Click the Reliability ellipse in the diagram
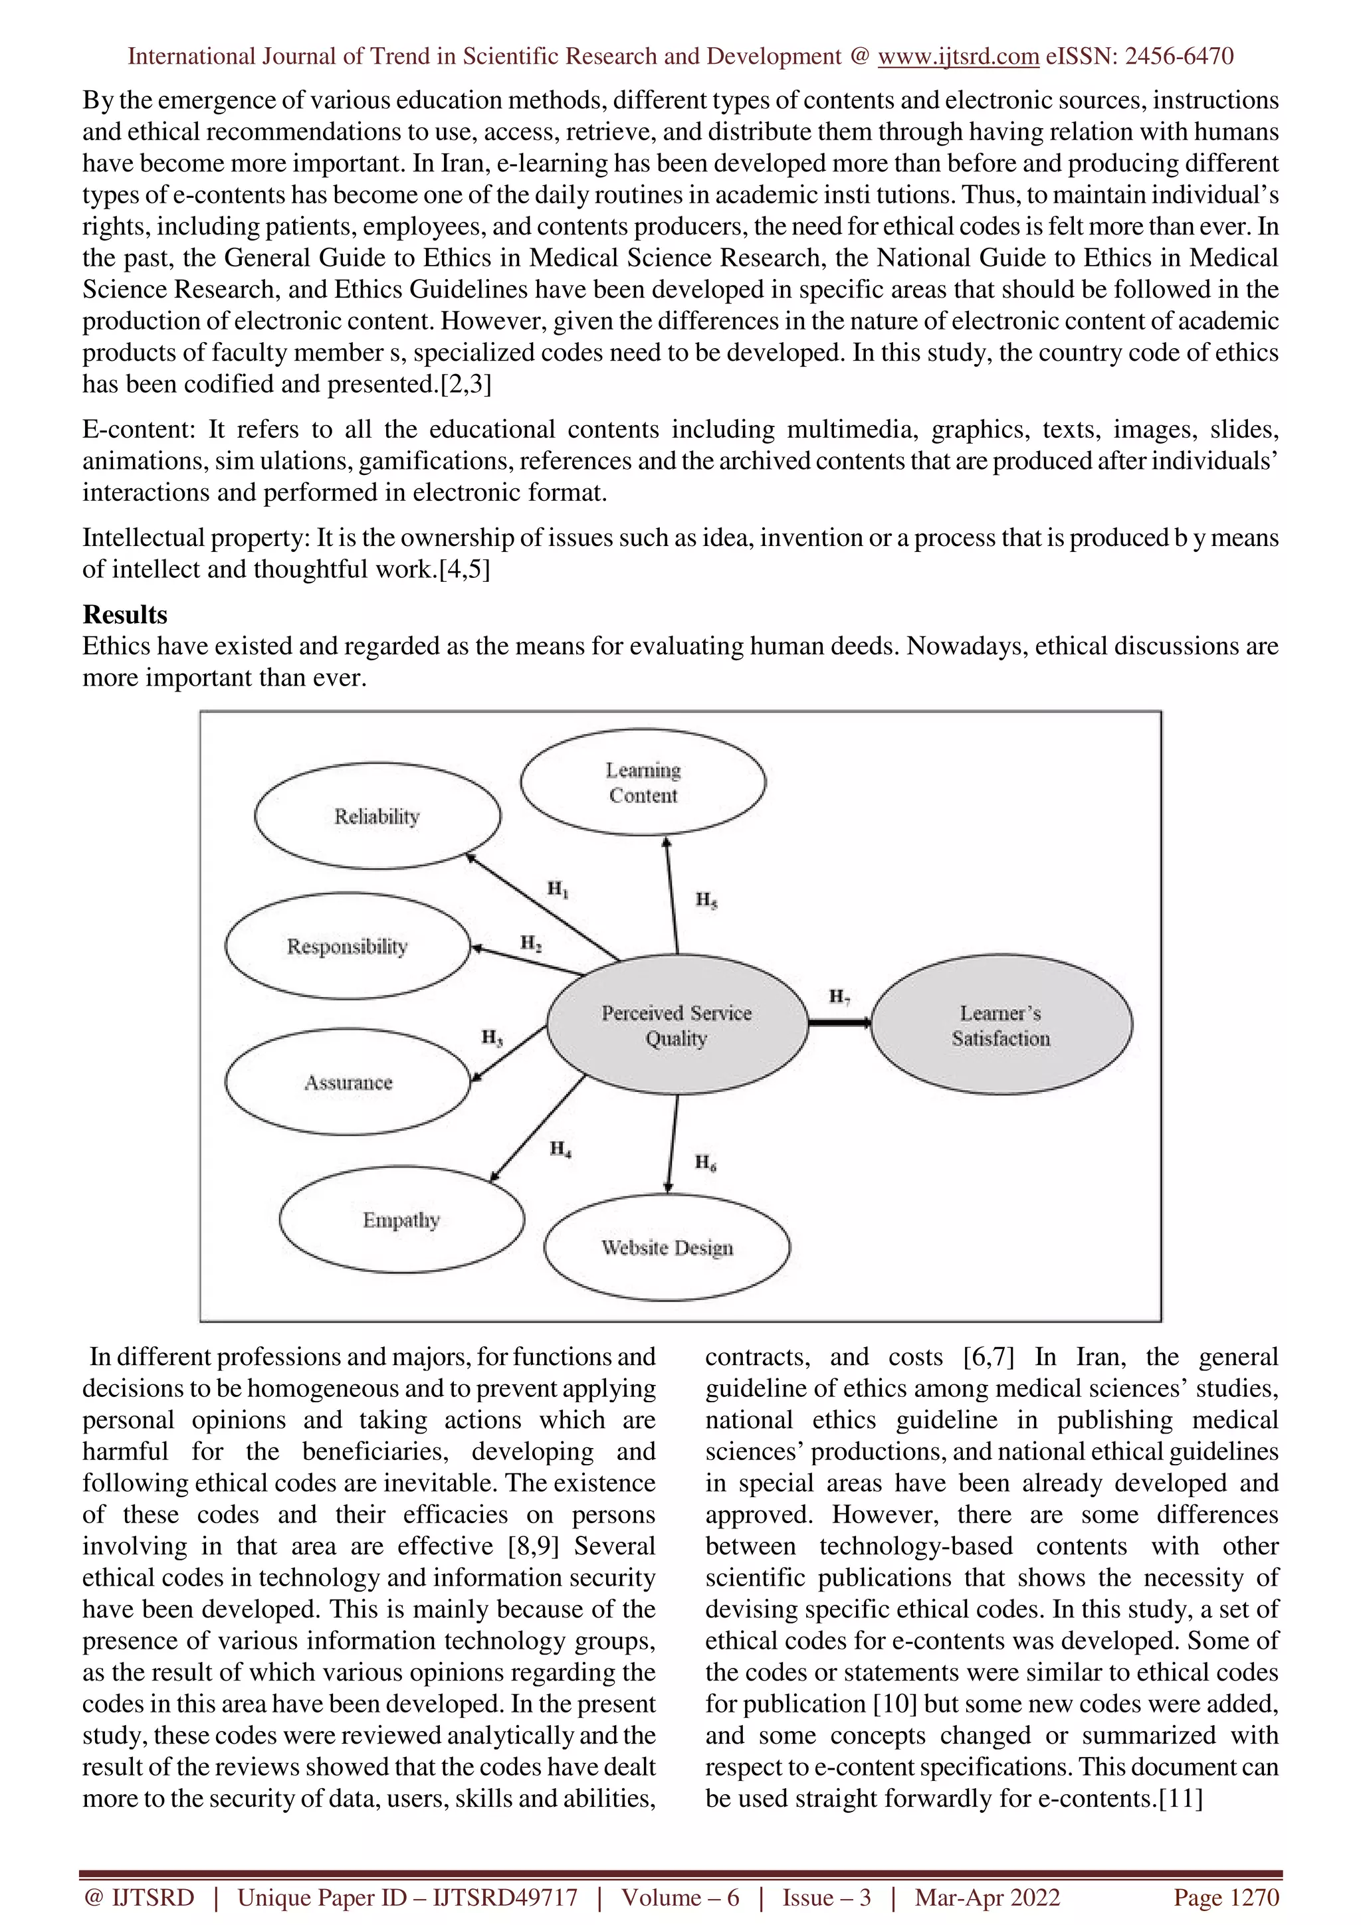(x=377, y=816)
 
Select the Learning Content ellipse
(x=643, y=782)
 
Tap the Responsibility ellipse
(x=347, y=946)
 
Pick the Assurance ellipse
(x=348, y=1081)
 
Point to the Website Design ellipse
(x=667, y=1247)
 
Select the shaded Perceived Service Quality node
(x=677, y=1024)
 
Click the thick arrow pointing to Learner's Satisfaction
(x=839, y=1022)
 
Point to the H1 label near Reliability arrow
(x=558, y=889)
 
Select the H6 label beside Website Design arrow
(x=705, y=1162)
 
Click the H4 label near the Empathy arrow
(x=560, y=1148)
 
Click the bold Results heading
(x=125, y=614)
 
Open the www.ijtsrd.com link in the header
(x=958, y=56)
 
